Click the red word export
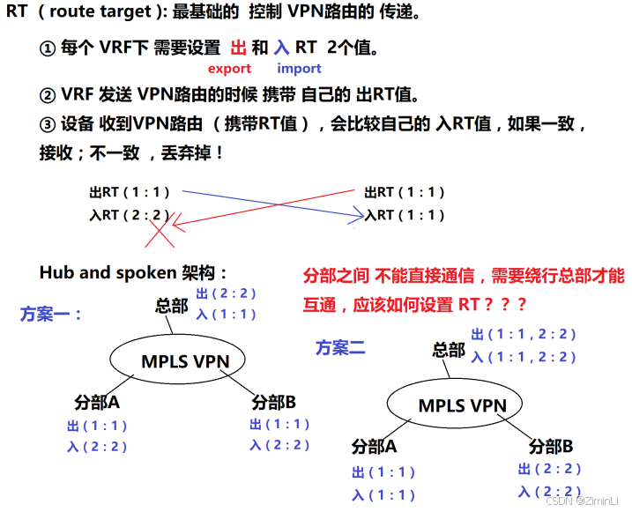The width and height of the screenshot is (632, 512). [x=229, y=69]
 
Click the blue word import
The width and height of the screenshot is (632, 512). [x=299, y=69]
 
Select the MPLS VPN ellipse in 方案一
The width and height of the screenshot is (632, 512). [x=175, y=360]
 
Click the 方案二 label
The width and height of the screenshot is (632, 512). [x=340, y=347]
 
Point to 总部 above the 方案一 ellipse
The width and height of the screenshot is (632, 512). [x=172, y=306]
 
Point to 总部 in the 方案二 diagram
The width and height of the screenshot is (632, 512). [x=449, y=349]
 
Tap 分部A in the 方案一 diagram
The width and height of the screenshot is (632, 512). [x=97, y=403]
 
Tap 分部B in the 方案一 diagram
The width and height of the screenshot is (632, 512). [x=273, y=403]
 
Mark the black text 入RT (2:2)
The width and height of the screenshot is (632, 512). [x=129, y=214]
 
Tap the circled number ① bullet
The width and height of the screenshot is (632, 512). [x=48, y=49]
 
